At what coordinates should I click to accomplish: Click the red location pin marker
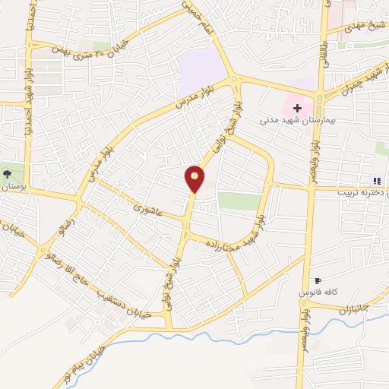(x=195, y=178)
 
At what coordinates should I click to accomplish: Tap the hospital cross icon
(x=297, y=108)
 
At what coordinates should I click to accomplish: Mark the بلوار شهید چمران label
(x=353, y=84)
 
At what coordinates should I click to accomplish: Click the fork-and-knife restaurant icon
(x=376, y=180)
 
